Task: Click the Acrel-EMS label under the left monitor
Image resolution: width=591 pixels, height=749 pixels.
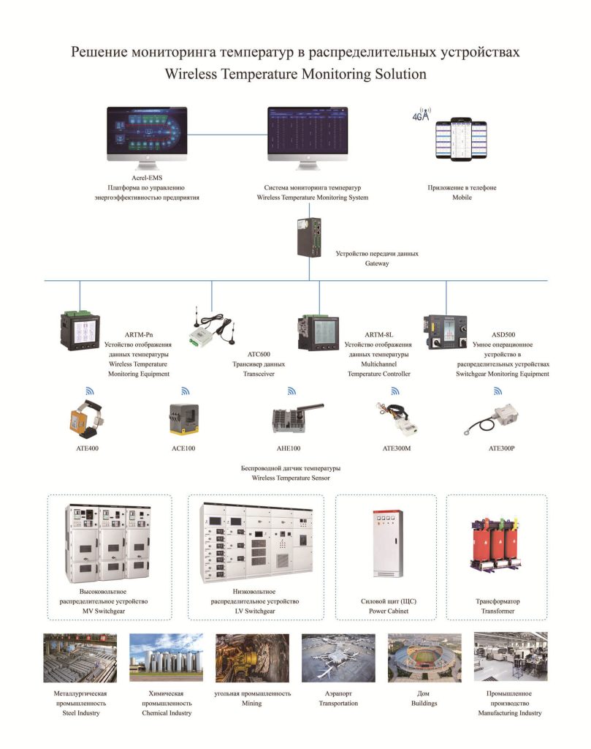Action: click(146, 178)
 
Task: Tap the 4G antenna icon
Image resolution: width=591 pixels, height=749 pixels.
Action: click(422, 114)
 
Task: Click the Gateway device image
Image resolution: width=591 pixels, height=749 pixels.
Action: click(310, 237)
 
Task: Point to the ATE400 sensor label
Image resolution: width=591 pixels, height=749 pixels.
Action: click(87, 448)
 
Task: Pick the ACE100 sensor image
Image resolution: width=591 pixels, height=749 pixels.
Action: click(184, 419)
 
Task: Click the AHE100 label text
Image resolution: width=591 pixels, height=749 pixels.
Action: click(289, 448)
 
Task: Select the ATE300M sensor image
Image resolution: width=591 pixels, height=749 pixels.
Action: click(397, 418)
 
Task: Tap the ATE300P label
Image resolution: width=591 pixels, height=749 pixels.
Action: click(501, 448)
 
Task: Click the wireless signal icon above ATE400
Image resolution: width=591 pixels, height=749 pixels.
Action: click(90, 391)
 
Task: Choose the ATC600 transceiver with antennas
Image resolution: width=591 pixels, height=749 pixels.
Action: click(212, 325)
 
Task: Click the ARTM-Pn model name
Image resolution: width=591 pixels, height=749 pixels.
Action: click(139, 335)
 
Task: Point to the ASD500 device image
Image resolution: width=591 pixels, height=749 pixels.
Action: click(445, 332)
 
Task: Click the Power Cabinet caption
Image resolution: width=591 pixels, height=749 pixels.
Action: click(388, 611)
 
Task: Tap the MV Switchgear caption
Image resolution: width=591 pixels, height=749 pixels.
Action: click(104, 611)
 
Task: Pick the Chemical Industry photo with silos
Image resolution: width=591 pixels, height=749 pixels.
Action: click(166, 658)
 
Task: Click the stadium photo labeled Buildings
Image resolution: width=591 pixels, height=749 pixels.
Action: click(424, 658)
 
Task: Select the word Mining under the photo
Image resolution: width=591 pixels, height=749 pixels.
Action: click(252, 703)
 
